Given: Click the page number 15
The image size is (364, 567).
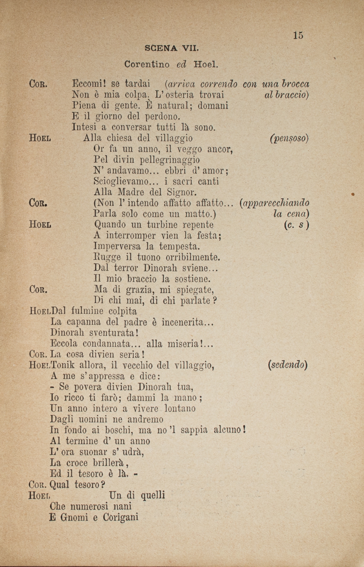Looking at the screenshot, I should click(298, 35).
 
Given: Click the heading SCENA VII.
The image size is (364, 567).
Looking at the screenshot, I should click(172, 49).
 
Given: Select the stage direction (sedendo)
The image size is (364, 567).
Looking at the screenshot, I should click(288, 365).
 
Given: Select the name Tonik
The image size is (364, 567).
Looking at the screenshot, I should click(63, 365).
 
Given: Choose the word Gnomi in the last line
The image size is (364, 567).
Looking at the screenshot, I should click(73, 518).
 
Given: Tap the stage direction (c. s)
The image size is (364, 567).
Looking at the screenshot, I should click(296, 225).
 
